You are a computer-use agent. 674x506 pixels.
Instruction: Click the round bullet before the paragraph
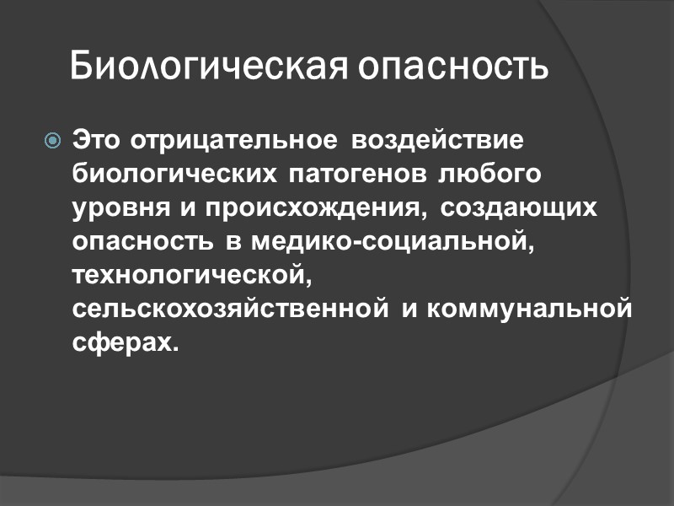[x=52, y=140]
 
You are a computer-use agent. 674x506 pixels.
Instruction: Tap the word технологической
[x=192, y=276]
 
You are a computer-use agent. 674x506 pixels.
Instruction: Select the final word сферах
[x=125, y=344]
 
